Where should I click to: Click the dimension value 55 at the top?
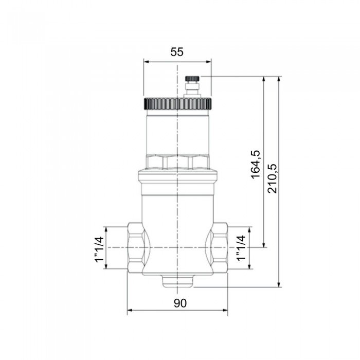(x=177, y=52)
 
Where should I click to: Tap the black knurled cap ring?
(x=177, y=103)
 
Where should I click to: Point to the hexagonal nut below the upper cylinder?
(x=177, y=163)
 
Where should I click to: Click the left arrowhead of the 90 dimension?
(x=130, y=310)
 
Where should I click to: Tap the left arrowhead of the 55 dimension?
(x=146, y=61)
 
